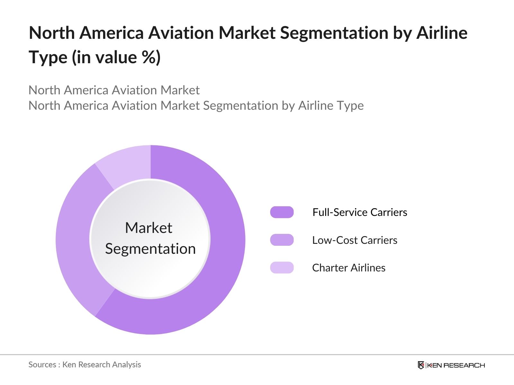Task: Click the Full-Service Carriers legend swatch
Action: tap(282, 212)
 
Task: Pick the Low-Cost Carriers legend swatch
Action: tap(282, 240)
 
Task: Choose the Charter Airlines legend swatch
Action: tap(282, 268)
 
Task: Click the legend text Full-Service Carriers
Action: tap(359, 212)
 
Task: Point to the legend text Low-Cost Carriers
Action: tap(355, 240)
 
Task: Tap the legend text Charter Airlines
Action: tap(349, 268)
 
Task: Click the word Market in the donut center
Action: tap(148, 228)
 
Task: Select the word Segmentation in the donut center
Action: tap(150, 249)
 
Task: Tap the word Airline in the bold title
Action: tap(442, 33)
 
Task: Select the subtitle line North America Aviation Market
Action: tap(114, 90)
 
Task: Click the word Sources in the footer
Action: tap(42, 364)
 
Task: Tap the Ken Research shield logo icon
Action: tap(421, 365)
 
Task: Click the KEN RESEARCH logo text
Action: tap(456, 365)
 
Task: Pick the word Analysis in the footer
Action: tap(128, 364)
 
